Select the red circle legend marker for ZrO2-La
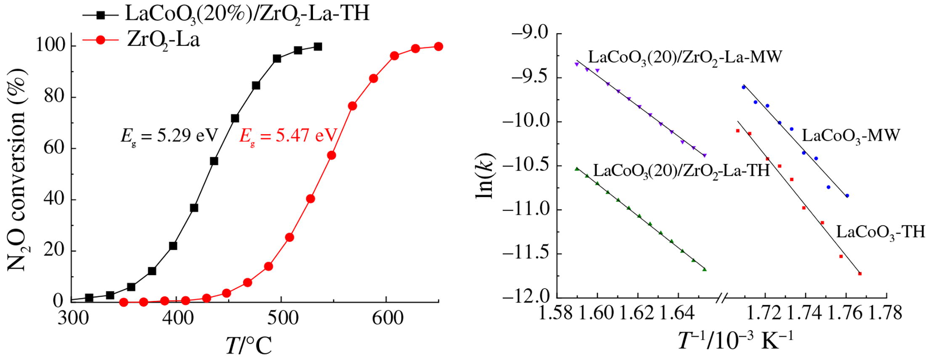[101, 40]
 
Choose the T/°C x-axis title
[249, 346]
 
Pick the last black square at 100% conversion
[318, 47]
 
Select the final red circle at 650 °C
[438, 46]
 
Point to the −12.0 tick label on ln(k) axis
[528, 297]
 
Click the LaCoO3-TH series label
[881, 232]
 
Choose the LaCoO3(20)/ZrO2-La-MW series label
[684, 57]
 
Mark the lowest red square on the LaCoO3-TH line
[860, 274]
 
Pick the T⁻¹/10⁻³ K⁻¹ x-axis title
[735, 341]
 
